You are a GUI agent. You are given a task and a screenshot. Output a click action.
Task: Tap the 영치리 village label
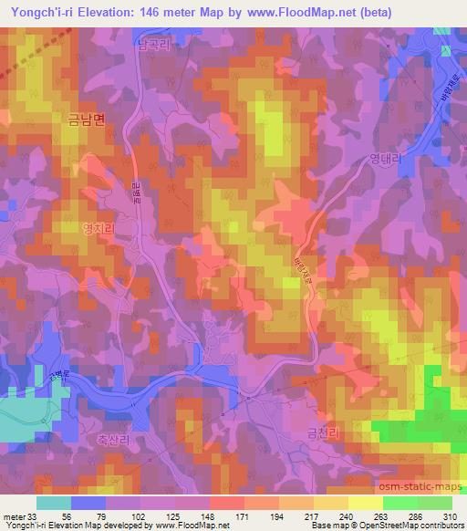pyautogui.click(x=99, y=231)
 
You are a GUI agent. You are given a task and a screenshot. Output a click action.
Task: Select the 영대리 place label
pyautogui.click(x=386, y=158)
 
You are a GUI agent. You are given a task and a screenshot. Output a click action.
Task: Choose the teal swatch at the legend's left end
pyautogui.click(x=54, y=503)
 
